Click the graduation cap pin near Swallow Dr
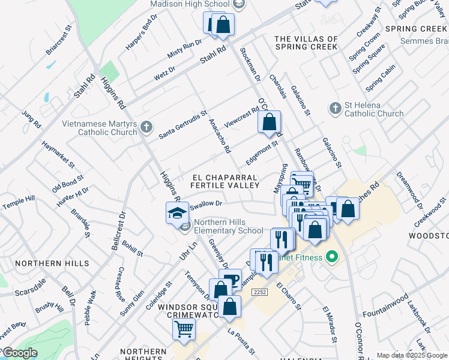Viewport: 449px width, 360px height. click(x=178, y=213)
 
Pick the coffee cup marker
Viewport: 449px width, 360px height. click(x=230, y=280)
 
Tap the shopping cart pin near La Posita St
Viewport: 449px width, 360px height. click(x=184, y=329)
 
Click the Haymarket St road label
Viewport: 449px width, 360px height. click(x=58, y=154)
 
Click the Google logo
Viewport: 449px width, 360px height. click(x=20, y=353)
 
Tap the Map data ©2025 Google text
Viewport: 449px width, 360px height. click(x=412, y=355)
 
